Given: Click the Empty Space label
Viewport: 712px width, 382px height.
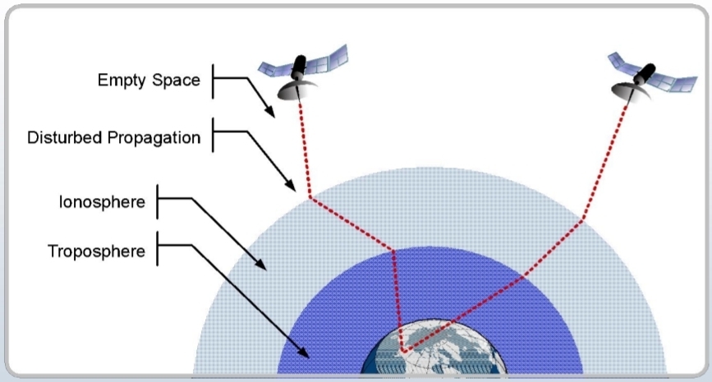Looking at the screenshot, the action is (x=148, y=81).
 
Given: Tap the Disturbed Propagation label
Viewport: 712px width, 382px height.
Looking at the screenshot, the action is (x=114, y=137).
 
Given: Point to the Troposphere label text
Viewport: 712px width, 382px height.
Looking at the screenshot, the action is (x=97, y=251).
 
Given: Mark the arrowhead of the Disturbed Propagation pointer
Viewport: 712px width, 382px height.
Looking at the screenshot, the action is (x=292, y=186).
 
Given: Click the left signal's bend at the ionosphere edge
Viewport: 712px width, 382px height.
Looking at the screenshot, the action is (x=310, y=198).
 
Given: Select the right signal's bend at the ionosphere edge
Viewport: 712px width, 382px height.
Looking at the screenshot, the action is (x=582, y=219).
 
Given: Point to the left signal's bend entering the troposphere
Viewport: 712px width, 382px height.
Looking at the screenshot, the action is (x=395, y=251).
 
